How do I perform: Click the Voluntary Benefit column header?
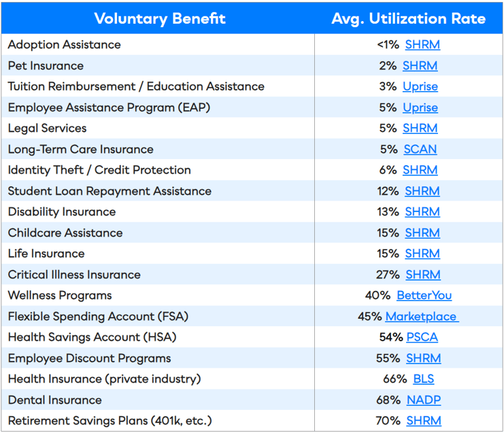click(160, 18)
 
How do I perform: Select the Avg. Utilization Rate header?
click(408, 18)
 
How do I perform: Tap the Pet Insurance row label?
click(46, 66)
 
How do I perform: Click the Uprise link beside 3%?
click(420, 86)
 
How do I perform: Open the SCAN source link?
click(420, 150)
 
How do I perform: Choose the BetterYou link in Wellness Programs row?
click(424, 296)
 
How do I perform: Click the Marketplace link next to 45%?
click(421, 317)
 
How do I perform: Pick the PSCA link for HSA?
click(422, 337)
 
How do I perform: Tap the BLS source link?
click(423, 379)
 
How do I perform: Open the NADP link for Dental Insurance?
click(424, 400)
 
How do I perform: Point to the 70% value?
click(388, 421)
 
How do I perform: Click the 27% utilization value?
click(388, 275)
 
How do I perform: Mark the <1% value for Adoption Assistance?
click(388, 45)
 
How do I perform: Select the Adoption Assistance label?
click(64, 45)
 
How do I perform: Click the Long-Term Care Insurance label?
click(80, 150)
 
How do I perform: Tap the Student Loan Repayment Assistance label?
click(110, 191)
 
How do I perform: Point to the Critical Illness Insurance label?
click(74, 275)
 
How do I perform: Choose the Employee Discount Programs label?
click(89, 358)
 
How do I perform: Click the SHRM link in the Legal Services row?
click(420, 128)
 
